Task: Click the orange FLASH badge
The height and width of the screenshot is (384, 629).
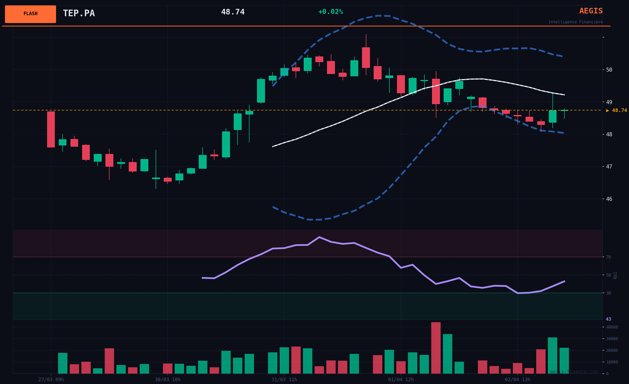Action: click(30, 14)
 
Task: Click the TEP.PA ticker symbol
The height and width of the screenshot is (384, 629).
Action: click(79, 13)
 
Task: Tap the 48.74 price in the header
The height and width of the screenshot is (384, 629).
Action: click(232, 12)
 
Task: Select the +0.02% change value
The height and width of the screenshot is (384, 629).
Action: click(331, 12)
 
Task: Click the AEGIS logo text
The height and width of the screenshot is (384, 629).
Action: click(591, 11)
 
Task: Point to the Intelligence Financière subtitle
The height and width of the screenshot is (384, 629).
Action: click(576, 22)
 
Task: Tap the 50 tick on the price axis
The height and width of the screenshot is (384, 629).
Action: click(609, 70)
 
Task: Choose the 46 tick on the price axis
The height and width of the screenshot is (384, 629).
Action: click(609, 199)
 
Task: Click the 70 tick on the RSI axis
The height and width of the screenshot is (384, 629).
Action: click(608, 257)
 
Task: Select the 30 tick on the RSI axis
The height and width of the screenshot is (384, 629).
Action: click(608, 293)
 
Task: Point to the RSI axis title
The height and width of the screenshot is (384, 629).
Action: click(615, 275)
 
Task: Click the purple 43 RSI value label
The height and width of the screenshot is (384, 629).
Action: click(608, 319)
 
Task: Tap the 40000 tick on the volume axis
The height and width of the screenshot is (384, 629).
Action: click(612, 327)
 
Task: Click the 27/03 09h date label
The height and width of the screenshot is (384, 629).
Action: click(51, 380)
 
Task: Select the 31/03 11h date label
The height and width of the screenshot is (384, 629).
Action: click(284, 380)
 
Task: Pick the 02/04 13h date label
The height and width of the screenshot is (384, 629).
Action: click(517, 380)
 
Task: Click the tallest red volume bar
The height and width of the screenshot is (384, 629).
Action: click(436, 348)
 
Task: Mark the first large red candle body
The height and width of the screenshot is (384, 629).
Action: click(51, 129)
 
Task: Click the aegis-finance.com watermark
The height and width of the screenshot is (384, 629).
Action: click(574, 372)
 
